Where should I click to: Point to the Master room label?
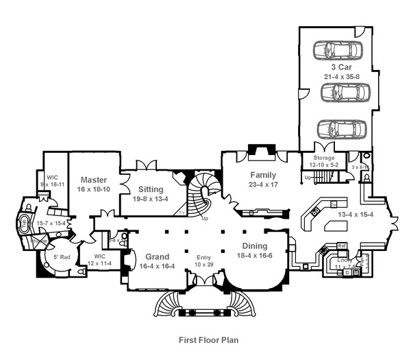click(x=92, y=180)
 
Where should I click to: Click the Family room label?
click(x=262, y=175)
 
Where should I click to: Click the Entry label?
click(x=204, y=256)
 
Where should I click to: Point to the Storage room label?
click(x=323, y=158)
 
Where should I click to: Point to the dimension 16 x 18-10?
click(x=92, y=189)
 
